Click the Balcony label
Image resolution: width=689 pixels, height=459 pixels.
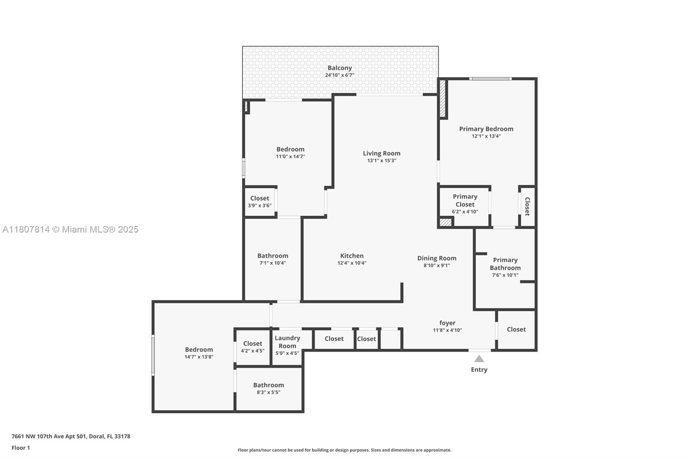[339, 68]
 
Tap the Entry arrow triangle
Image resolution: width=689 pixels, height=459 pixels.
[479, 359]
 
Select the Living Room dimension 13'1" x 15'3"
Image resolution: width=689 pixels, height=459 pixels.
[382, 161]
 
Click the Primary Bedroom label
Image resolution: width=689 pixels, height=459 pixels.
[486, 129]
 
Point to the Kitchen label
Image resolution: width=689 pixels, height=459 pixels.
[352, 256]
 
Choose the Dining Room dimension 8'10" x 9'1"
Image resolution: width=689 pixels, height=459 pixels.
[437, 266]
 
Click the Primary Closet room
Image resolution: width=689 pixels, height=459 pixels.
[465, 204]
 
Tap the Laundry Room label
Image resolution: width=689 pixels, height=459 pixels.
[287, 342]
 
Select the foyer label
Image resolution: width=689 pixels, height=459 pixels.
[447, 323]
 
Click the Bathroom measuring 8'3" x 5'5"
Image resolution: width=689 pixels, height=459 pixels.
[268, 388]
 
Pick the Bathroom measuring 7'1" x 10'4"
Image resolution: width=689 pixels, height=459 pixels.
[273, 259]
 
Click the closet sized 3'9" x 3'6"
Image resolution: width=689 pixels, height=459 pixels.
[260, 202]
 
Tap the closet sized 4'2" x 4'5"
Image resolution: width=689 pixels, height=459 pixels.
[252, 347]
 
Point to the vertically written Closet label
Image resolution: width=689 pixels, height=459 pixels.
[527, 206]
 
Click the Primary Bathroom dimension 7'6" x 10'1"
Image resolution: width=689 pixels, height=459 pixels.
[505, 275]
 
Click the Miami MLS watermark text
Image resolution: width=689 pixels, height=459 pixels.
[70, 229]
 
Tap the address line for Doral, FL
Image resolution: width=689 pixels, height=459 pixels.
[71, 436]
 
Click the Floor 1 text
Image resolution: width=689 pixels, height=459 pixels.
[21, 448]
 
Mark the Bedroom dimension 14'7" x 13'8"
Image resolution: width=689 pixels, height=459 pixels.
[199, 357]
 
